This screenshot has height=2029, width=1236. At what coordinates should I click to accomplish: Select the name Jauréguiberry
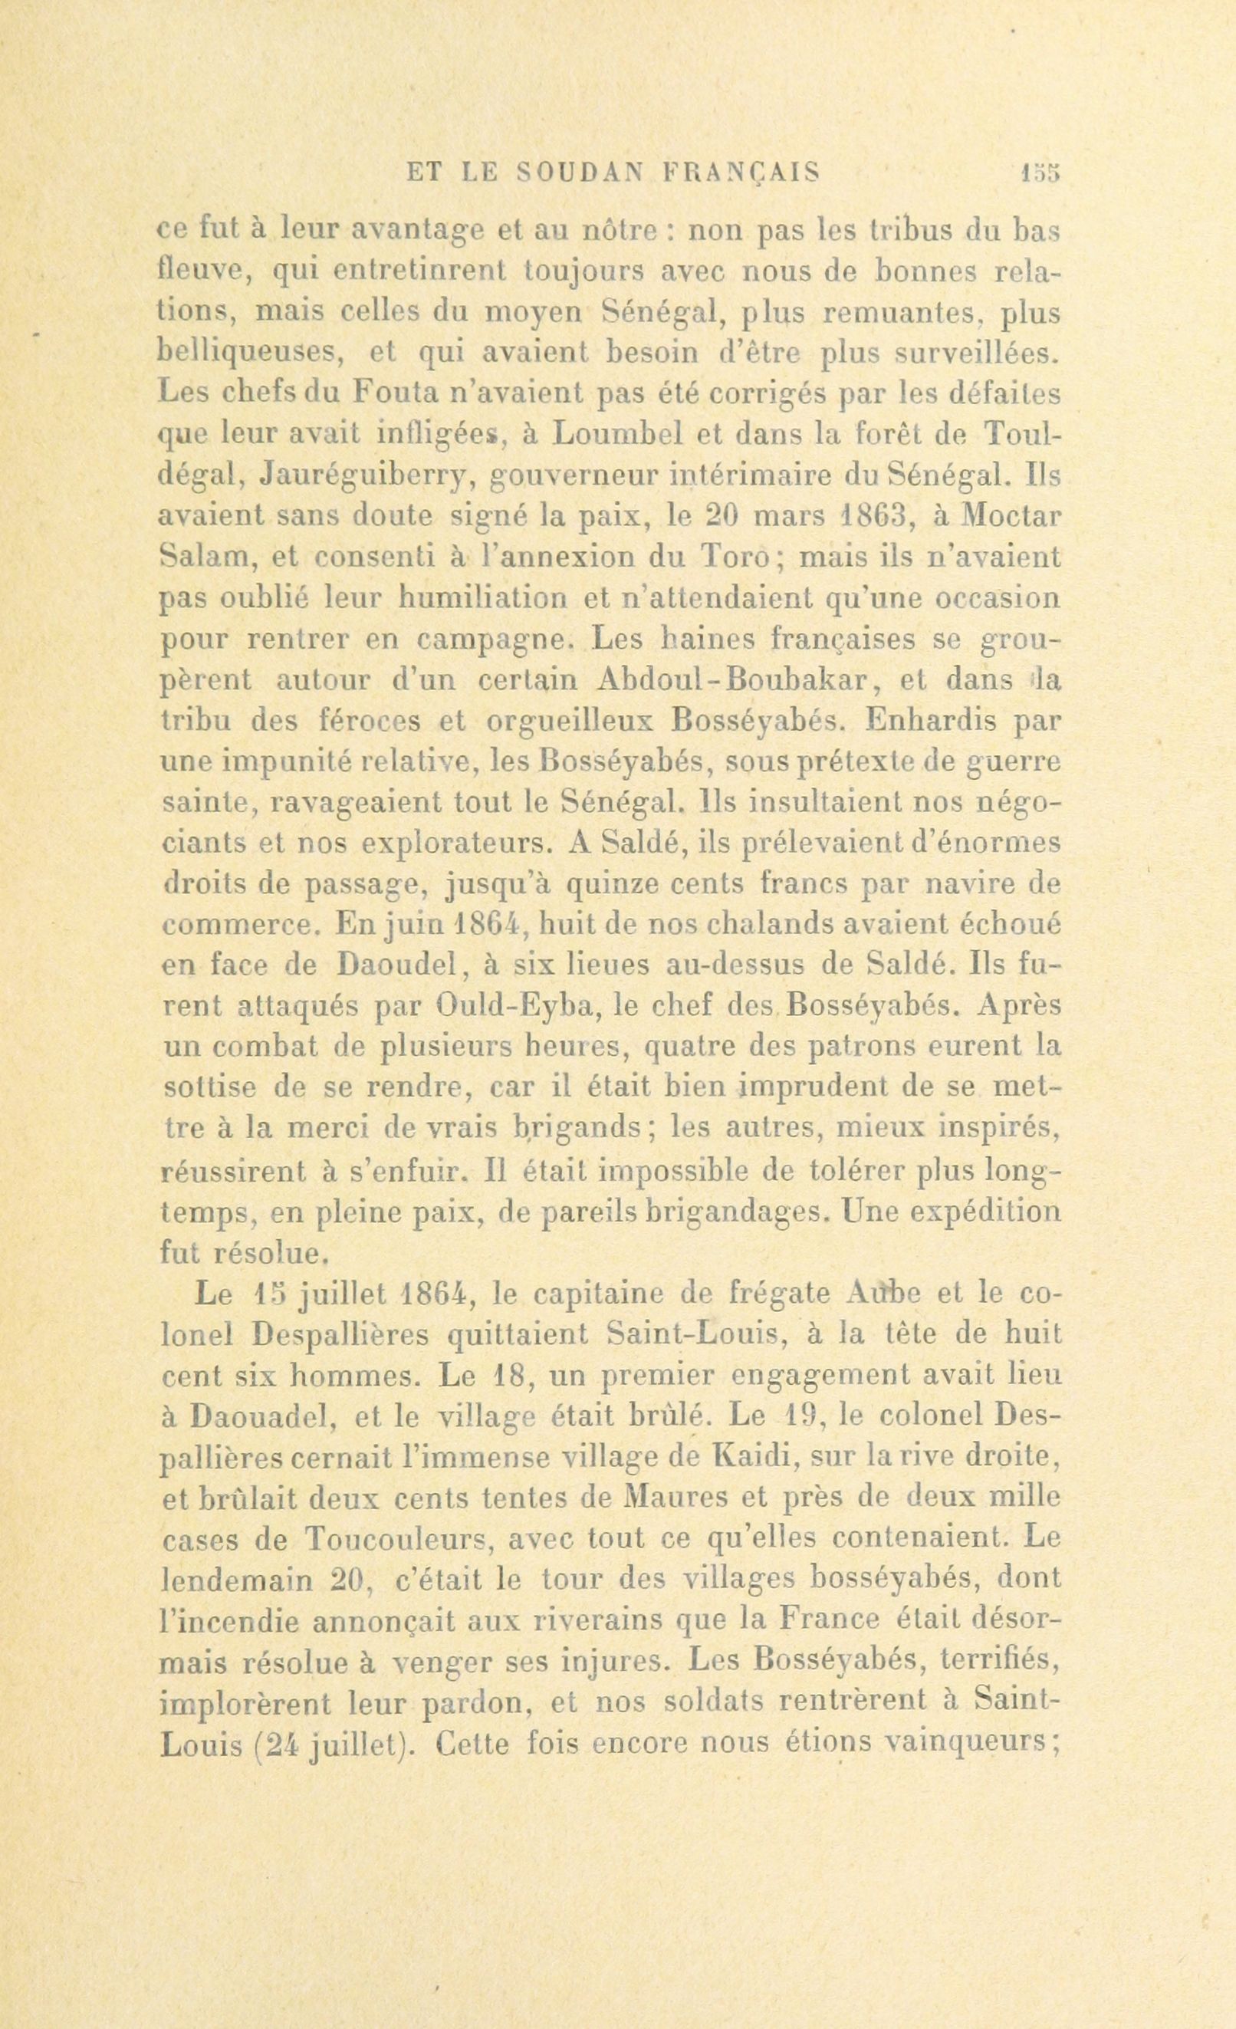tap(363, 476)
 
